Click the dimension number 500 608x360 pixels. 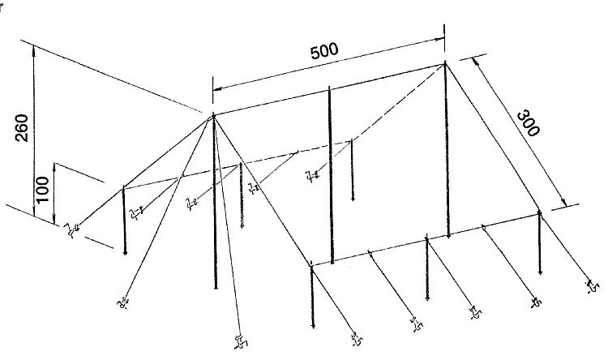click(x=324, y=51)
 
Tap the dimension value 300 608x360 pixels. click(x=528, y=123)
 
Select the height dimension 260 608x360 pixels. click(x=22, y=127)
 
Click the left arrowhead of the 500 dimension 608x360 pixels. click(x=217, y=89)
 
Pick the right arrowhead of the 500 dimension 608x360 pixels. click(x=439, y=38)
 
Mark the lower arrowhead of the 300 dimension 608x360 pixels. click(x=563, y=202)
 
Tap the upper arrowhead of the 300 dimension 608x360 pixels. click(x=475, y=62)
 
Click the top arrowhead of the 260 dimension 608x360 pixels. click(x=34, y=50)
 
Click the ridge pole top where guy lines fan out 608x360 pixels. click(x=213, y=115)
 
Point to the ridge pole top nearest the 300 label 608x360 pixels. click(x=445, y=63)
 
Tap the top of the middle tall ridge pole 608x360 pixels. click(x=329, y=88)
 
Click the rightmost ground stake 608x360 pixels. click(x=593, y=286)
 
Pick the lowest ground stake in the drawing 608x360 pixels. click(x=242, y=341)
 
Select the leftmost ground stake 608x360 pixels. click(x=71, y=230)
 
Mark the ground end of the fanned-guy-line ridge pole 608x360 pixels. click(x=216, y=288)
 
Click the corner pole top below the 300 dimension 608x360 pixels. click(x=539, y=212)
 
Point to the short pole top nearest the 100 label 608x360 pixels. click(x=123, y=188)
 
